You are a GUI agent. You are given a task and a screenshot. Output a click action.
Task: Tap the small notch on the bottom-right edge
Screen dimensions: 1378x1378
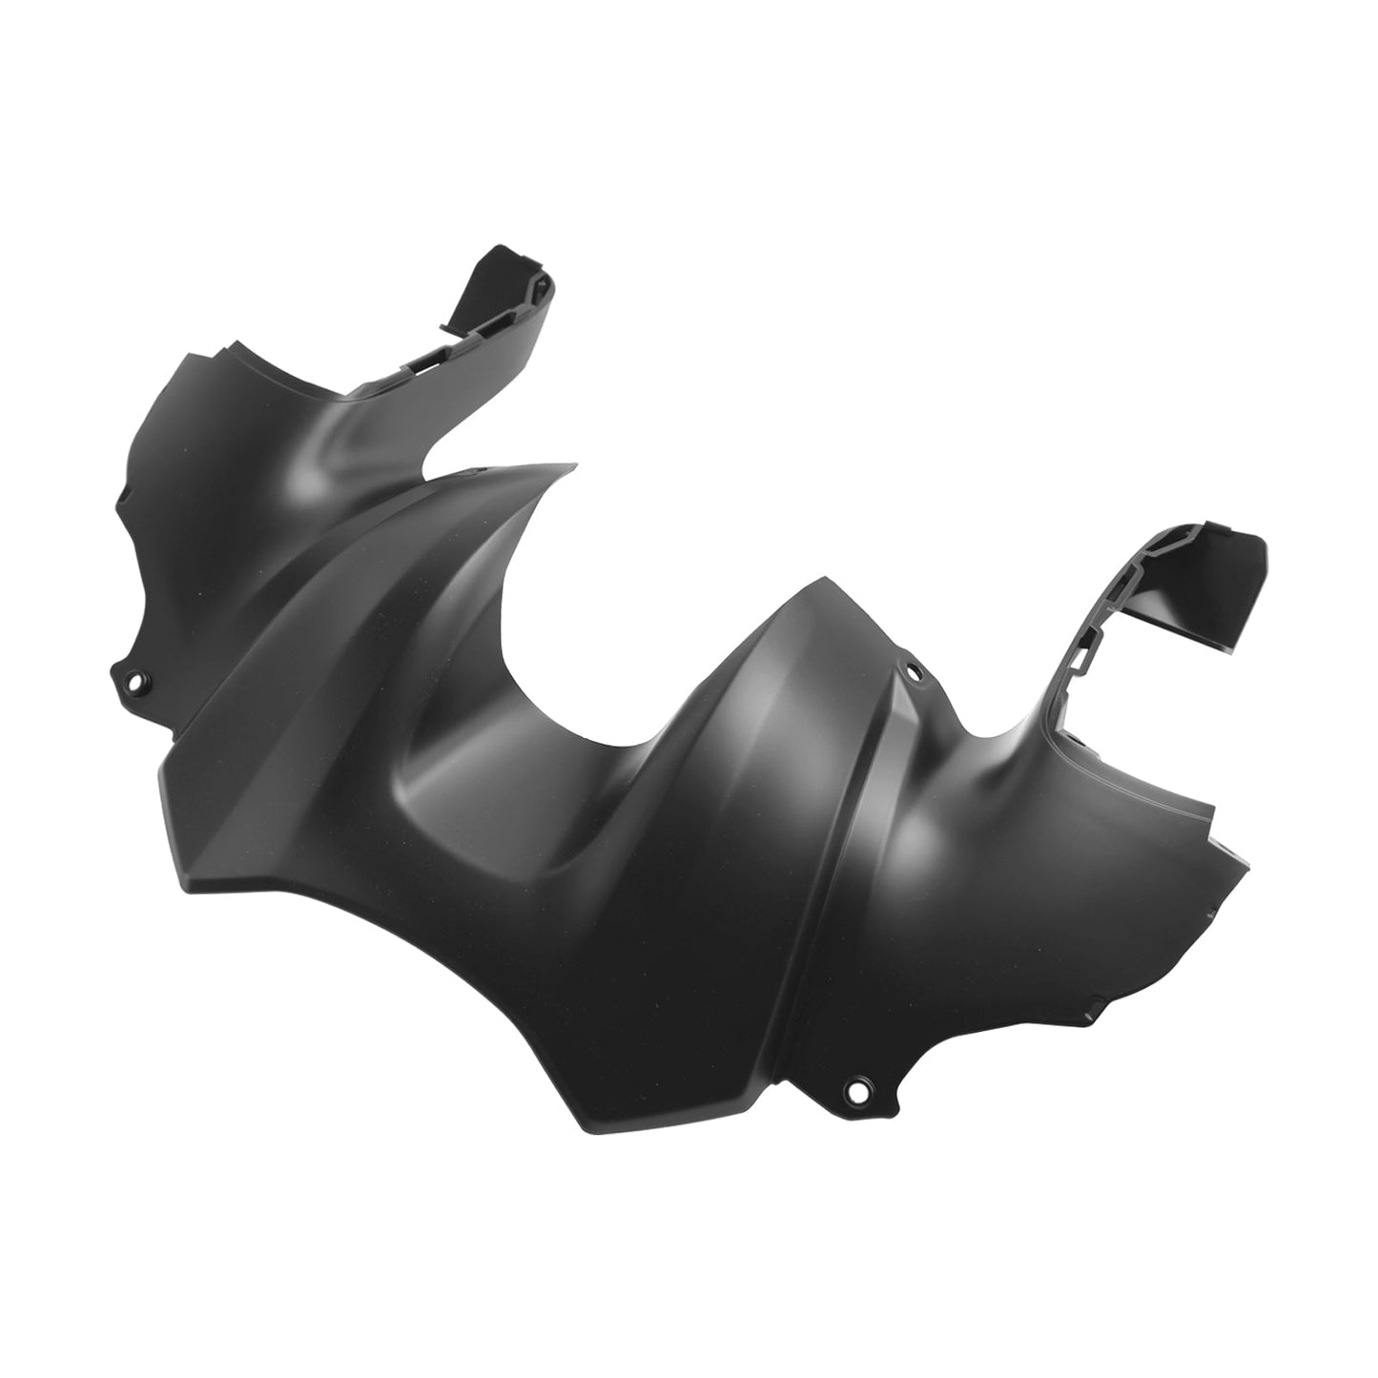[x=1099, y=1002]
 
